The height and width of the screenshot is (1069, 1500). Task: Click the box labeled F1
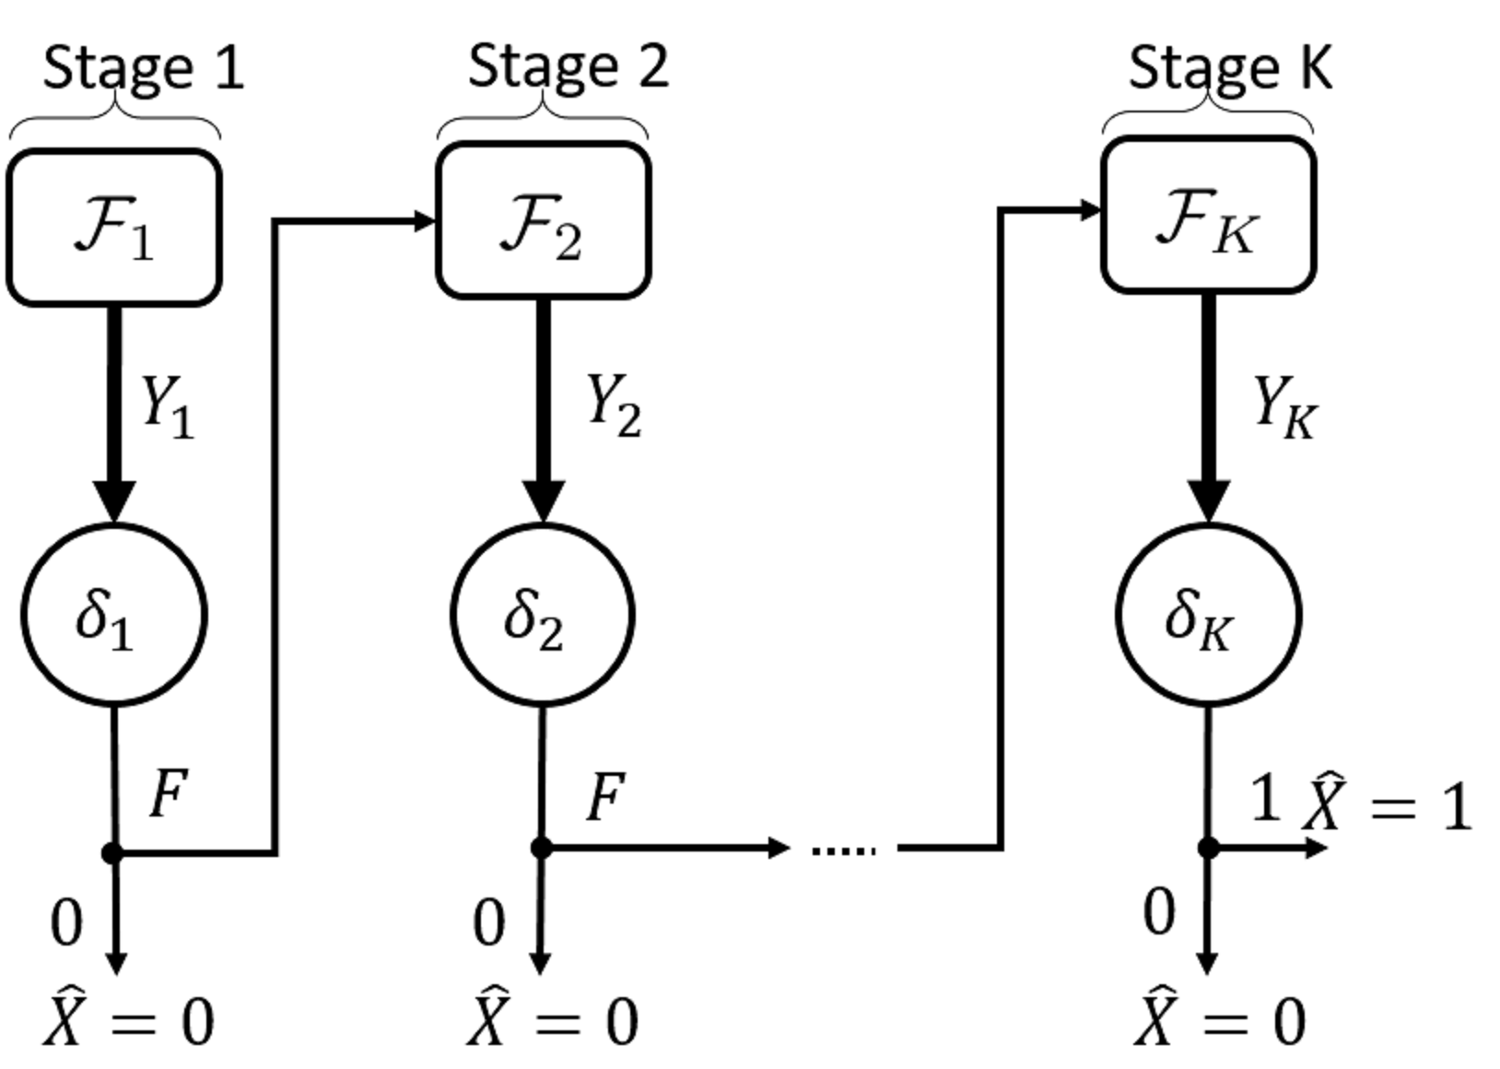114,228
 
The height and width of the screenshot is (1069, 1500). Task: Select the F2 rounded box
544,221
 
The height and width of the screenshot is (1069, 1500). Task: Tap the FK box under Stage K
1208,216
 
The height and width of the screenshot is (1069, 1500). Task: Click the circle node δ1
113,615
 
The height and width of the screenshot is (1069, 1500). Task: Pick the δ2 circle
543,615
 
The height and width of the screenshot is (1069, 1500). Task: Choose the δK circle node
1208,615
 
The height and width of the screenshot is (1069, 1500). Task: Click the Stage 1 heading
144,67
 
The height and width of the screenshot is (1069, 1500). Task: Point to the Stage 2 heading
568,66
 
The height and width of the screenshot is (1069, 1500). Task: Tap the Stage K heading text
1230,67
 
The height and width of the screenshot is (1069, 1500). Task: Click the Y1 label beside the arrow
167,405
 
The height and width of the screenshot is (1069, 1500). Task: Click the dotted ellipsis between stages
843,850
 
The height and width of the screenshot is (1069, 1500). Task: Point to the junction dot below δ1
112,853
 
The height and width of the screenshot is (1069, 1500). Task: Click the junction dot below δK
1208,848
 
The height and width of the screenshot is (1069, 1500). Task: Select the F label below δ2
606,797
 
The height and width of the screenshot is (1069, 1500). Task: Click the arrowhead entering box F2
425,221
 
